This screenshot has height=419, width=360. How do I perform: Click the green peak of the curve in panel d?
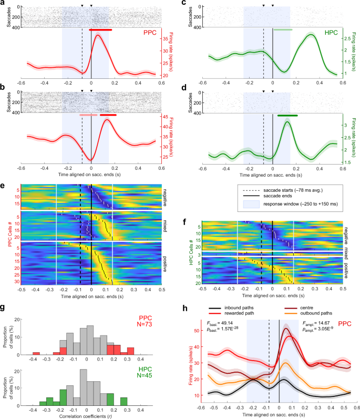287,122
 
